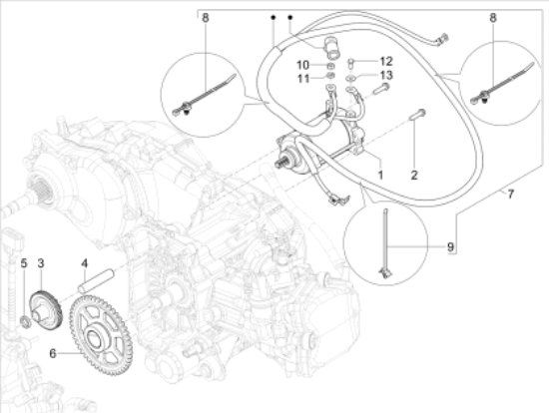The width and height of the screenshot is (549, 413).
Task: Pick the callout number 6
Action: [53, 352]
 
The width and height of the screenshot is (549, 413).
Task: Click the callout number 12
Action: [386, 62]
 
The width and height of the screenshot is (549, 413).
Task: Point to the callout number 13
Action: [386, 76]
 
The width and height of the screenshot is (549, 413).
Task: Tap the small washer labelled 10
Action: [329, 66]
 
